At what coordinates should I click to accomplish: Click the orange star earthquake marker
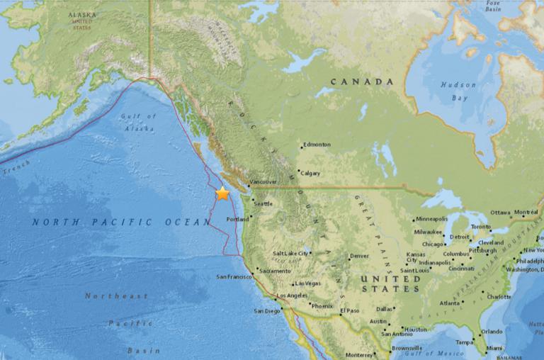point(222,193)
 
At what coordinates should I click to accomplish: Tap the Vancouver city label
point(263,182)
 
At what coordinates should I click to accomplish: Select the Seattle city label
point(263,204)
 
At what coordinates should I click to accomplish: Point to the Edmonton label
point(316,145)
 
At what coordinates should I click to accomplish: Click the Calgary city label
point(310,173)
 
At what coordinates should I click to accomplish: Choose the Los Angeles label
point(290,295)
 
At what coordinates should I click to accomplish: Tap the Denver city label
point(359,257)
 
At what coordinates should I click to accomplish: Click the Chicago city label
point(433,244)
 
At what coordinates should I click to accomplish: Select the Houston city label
point(415,330)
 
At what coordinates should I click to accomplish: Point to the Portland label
point(237,220)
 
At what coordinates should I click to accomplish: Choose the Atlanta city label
point(448,303)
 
